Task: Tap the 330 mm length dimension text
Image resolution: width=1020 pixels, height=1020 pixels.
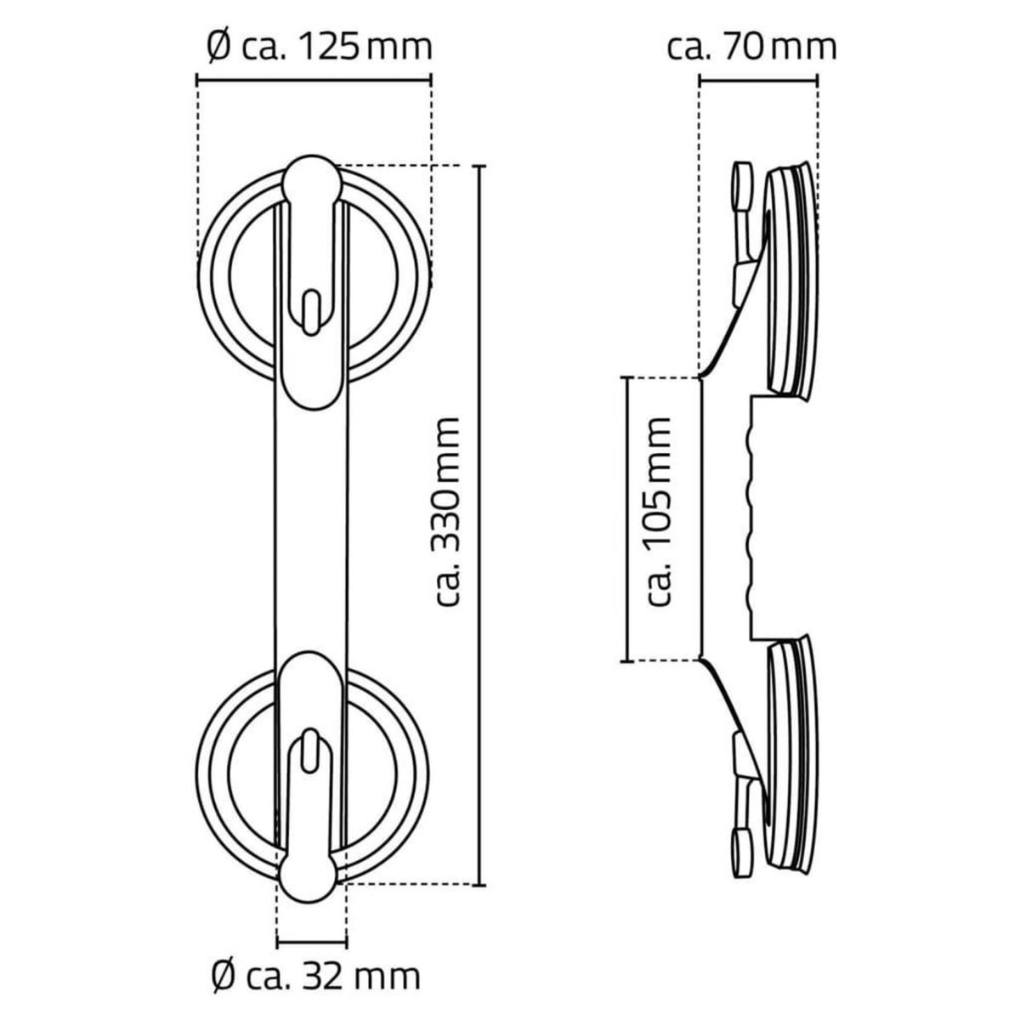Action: point(446,512)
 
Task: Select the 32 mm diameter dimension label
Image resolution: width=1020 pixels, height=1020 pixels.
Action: point(314,977)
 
